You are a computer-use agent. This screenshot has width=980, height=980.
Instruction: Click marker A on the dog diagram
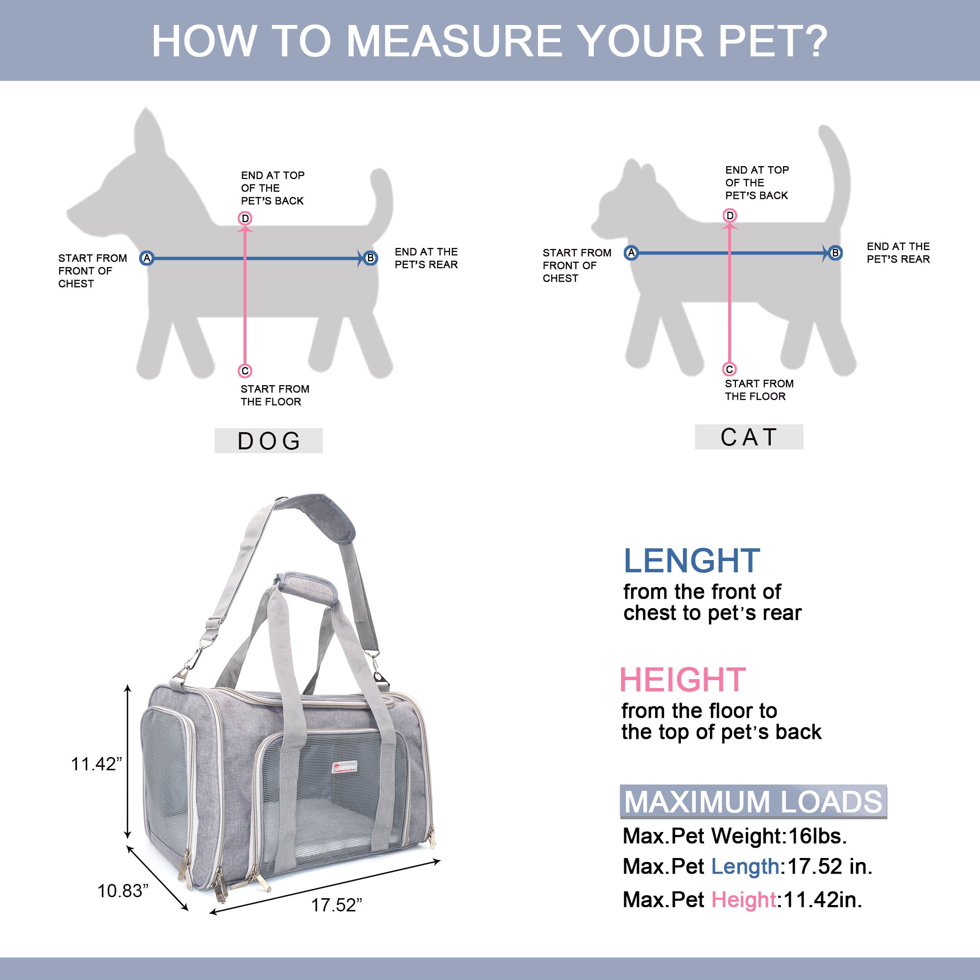pyautogui.click(x=147, y=258)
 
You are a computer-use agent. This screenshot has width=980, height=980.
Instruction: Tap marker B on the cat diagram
pyautogui.click(x=835, y=253)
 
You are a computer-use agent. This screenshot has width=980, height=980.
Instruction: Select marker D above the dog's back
pyautogui.click(x=245, y=218)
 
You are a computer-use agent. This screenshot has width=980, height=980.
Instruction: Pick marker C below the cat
pyautogui.click(x=730, y=369)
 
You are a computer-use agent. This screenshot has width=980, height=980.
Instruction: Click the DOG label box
pyautogui.click(x=269, y=441)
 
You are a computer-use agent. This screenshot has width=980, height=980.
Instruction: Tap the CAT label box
pyautogui.click(x=749, y=437)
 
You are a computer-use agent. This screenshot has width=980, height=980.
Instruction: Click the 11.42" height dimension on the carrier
pyautogui.click(x=97, y=764)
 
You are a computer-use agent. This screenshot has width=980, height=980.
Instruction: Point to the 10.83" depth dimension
pyautogui.click(x=123, y=891)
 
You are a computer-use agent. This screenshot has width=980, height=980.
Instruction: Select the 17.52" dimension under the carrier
pyautogui.click(x=336, y=906)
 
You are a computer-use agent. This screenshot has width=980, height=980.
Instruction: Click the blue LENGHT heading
pyautogui.click(x=691, y=561)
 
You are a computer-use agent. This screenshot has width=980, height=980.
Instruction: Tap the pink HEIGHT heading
pyautogui.click(x=683, y=680)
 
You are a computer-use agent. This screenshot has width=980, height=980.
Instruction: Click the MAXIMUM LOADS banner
pyautogui.click(x=753, y=802)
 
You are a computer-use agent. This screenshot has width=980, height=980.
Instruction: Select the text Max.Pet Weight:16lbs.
pyautogui.click(x=735, y=836)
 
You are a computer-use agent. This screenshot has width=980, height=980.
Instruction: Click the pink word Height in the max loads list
pyautogui.click(x=744, y=899)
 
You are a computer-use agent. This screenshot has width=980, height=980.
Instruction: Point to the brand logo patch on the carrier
pyautogui.click(x=345, y=767)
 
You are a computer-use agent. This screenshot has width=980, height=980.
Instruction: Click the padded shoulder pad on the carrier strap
pyautogui.click(x=325, y=517)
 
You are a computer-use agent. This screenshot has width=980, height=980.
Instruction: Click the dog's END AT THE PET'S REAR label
pyautogui.click(x=426, y=258)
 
